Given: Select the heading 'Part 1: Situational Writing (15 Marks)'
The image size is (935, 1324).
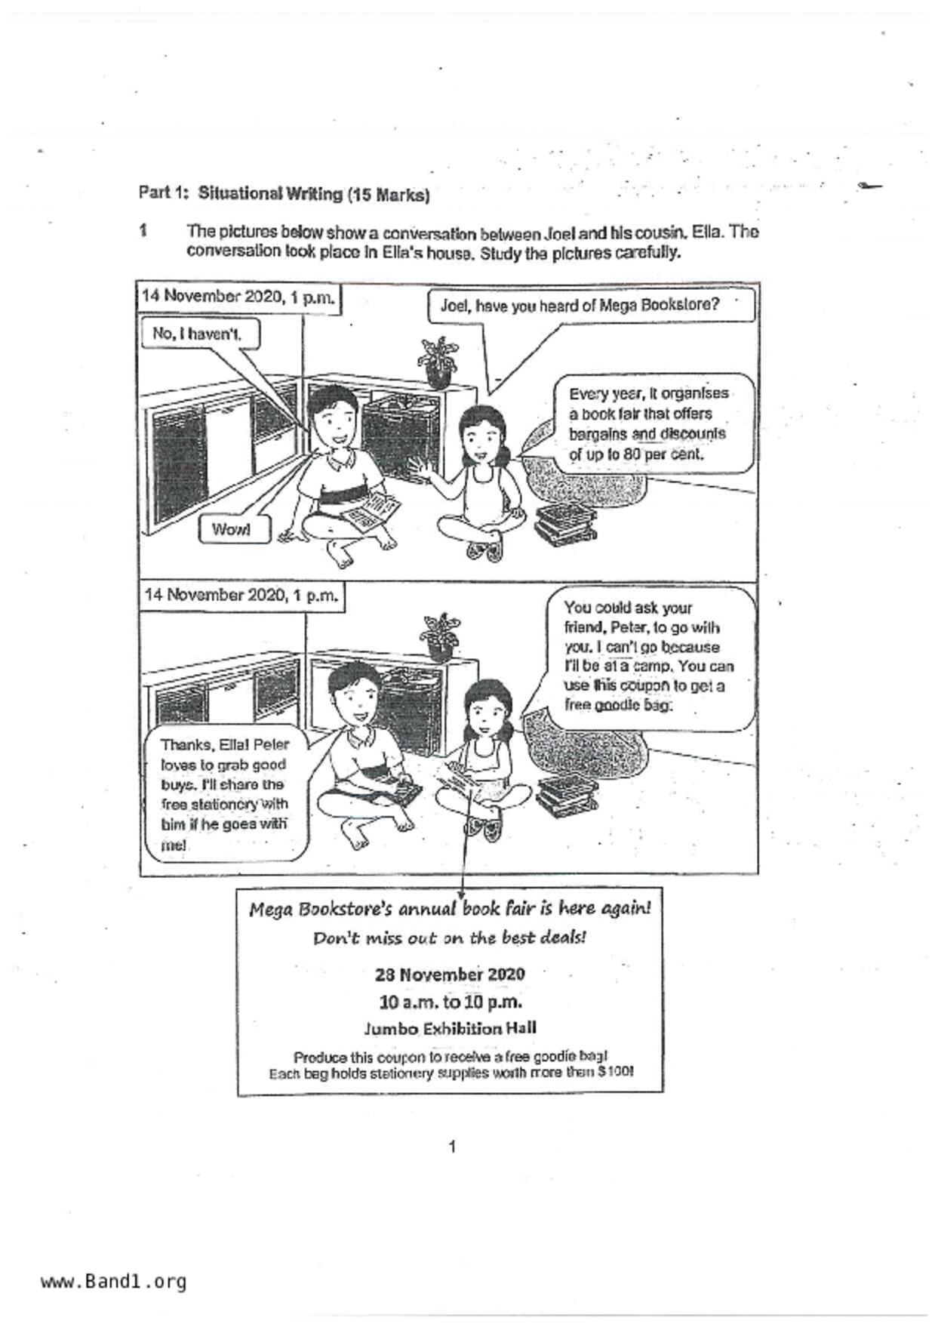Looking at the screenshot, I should click(x=284, y=194).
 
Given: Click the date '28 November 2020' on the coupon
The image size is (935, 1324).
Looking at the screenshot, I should click(x=450, y=974).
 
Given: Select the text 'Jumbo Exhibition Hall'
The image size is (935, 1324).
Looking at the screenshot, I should click(x=450, y=1028).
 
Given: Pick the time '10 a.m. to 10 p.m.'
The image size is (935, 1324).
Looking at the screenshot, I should click(x=451, y=1002).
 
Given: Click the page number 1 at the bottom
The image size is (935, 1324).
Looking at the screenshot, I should click(x=451, y=1147).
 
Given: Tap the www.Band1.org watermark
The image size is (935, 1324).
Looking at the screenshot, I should click(x=113, y=1282).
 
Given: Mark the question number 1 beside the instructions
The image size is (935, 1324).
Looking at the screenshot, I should click(x=143, y=230).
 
